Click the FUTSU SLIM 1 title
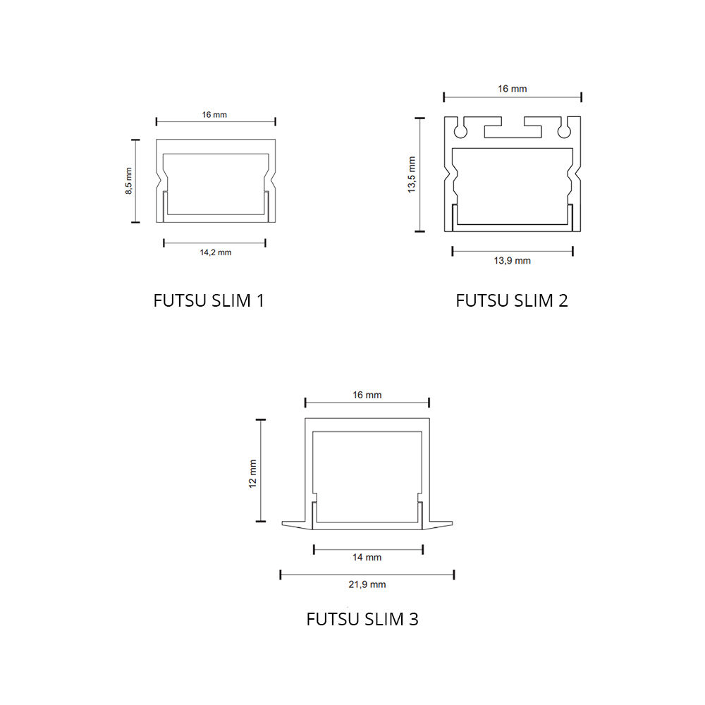pyautogui.click(x=209, y=300)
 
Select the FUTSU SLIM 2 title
pyautogui.click(x=512, y=300)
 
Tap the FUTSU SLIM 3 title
pyautogui.click(x=362, y=619)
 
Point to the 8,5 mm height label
pyautogui.click(x=128, y=180)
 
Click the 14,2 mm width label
pyautogui.click(x=216, y=252)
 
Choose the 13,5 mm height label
pyautogui.click(x=412, y=175)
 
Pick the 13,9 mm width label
pyautogui.click(x=512, y=261)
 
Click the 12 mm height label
pyautogui.click(x=252, y=474)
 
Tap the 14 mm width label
pyautogui.click(x=367, y=558)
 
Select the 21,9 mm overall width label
pyautogui.click(x=367, y=584)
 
